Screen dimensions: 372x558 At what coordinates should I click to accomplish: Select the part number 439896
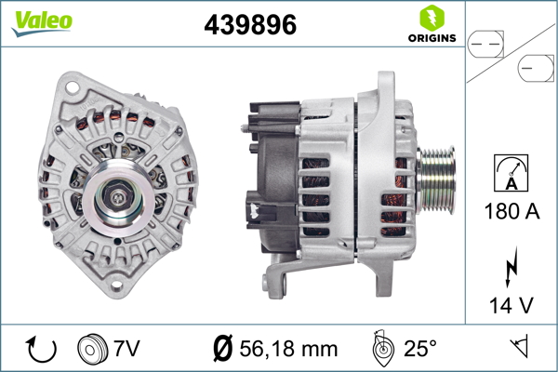tap(250, 26)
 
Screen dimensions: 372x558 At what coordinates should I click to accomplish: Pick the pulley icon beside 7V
tap(92, 350)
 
